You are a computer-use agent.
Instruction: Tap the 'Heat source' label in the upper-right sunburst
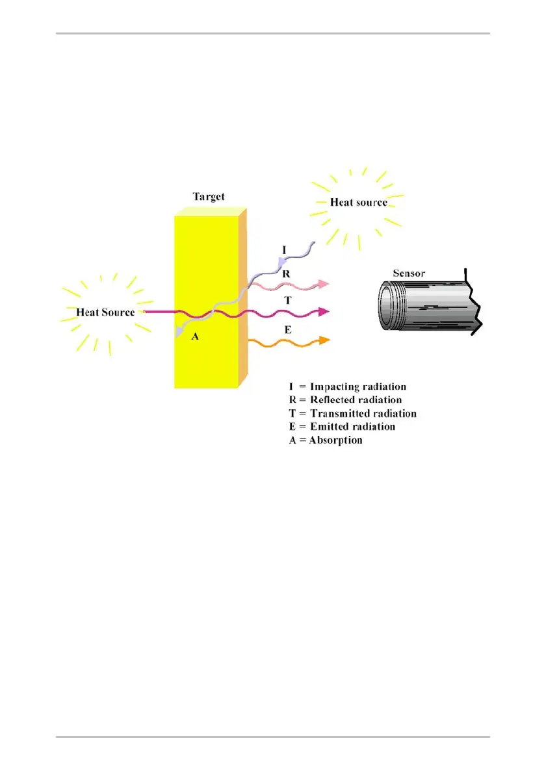click(358, 202)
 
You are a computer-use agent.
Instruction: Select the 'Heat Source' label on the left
click(105, 312)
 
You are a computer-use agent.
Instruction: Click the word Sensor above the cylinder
click(409, 273)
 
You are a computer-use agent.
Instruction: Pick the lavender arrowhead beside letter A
click(178, 332)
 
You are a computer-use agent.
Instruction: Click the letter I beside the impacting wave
click(283, 248)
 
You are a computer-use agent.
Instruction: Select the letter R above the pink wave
click(286, 273)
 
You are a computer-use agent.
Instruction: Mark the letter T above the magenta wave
click(287, 300)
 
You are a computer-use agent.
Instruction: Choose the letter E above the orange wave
click(287, 330)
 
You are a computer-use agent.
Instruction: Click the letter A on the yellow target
click(194, 336)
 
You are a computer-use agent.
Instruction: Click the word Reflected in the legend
click(334, 400)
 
